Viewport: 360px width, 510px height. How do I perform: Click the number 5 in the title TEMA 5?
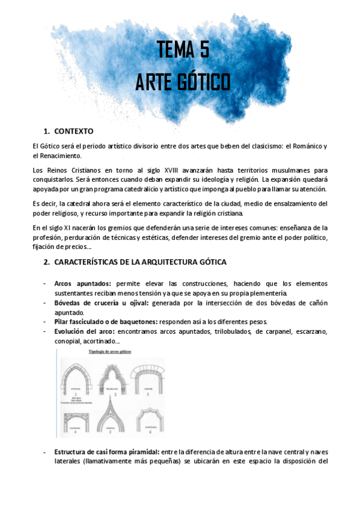pos(203,50)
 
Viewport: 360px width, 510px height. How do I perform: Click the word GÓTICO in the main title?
pos(205,82)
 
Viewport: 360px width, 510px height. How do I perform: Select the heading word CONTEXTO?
pos(73,131)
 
